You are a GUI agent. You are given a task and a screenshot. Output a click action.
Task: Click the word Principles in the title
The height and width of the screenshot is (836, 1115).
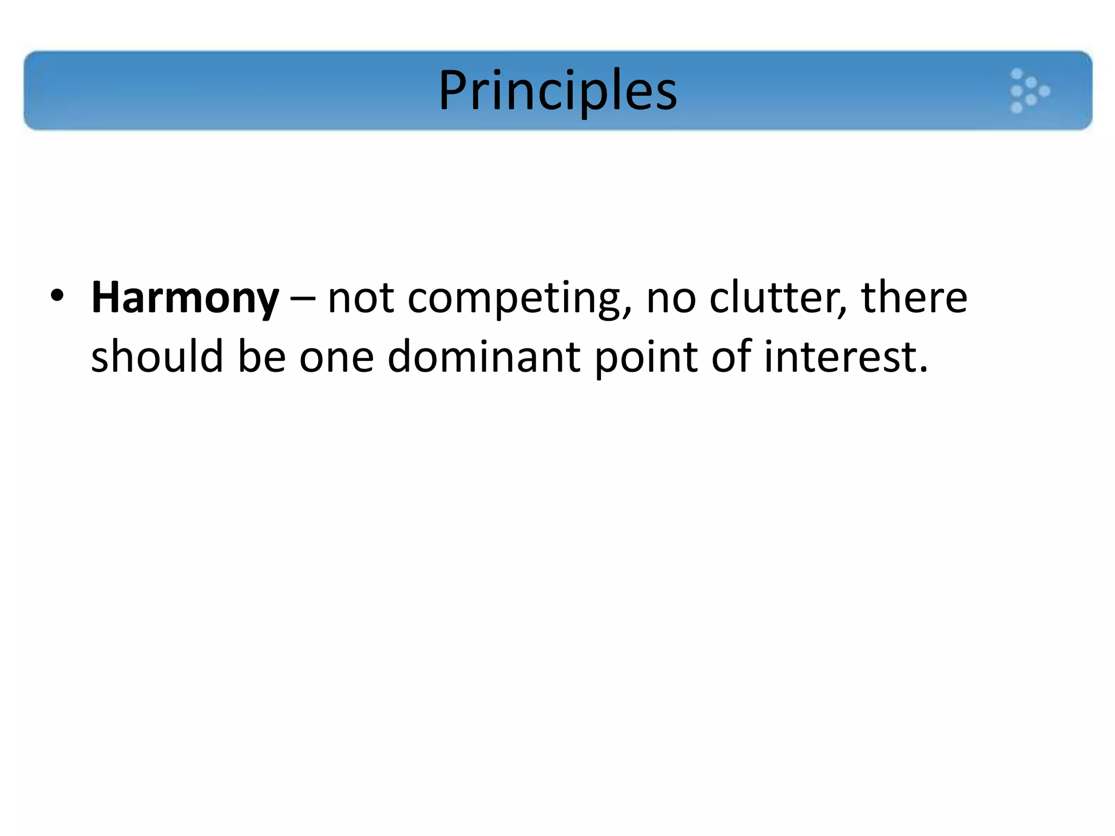point(557,90)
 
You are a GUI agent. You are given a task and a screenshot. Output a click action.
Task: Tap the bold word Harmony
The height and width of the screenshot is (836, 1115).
point(185,298)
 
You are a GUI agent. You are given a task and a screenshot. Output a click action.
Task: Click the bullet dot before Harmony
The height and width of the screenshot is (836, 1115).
point(57,296)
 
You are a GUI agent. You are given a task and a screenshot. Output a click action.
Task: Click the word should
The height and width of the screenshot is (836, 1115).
point(157,357)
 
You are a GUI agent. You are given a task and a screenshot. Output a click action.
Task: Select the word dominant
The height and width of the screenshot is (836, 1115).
point(484,357)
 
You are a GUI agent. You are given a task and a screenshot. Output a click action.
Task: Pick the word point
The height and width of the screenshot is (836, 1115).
point(646,358)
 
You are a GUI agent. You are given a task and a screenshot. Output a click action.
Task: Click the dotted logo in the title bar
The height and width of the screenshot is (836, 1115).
point(1028,91)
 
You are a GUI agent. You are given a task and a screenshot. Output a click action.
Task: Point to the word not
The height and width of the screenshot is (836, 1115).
point(360,299)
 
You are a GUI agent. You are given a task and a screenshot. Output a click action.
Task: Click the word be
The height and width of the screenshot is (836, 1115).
point(262,357)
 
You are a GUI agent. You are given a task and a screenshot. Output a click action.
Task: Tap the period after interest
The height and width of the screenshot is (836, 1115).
point(922,370)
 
